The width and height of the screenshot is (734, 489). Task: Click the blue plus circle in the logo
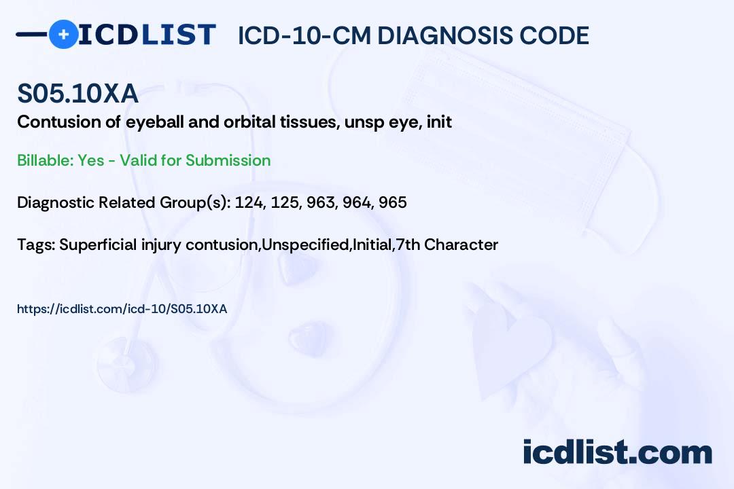tap(64, 34)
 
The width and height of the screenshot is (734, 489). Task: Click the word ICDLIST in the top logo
tap(147, 35)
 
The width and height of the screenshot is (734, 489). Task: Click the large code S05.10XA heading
tap(77, 93)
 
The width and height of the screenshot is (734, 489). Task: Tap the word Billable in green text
tap(45, 160)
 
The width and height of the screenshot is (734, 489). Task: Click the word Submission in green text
tap(228, 160)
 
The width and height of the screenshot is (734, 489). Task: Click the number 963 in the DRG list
tap(321, 202)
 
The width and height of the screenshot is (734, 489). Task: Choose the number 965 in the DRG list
tap(393, 202)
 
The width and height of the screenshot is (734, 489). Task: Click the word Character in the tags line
tap(461, 244)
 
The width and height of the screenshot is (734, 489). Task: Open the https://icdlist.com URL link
tap(122, 309)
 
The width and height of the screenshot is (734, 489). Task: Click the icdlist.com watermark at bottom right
tap(617, 452)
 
